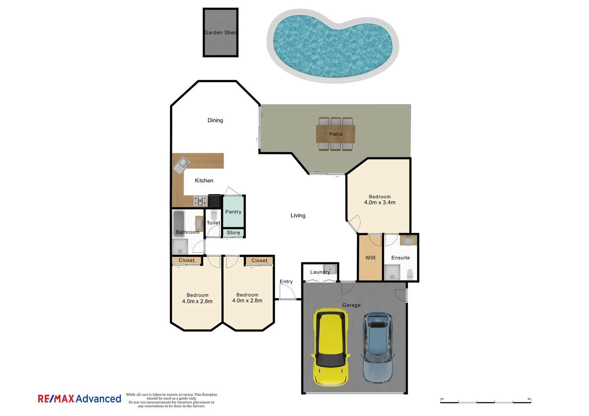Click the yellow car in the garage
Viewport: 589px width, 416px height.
(331, 347)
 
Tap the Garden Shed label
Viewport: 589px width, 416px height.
(220, 33)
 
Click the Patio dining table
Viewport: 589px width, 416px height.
(335, 134)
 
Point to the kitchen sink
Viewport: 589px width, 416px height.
(182, 164)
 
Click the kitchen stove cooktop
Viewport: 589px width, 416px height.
(200, 201)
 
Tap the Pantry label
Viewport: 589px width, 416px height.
(233, 212)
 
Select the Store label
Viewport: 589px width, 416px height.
(233, 233)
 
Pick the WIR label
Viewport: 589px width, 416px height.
(370, 258)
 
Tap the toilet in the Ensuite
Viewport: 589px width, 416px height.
(410, 274)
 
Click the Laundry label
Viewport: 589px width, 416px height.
(320, 272)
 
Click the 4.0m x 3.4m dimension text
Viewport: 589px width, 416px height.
(380, 203)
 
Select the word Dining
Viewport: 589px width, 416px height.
(215, 121)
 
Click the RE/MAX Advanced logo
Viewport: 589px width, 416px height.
(79, 399)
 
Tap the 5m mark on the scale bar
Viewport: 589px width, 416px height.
(529, 399)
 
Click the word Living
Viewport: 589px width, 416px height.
(298, 216)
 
